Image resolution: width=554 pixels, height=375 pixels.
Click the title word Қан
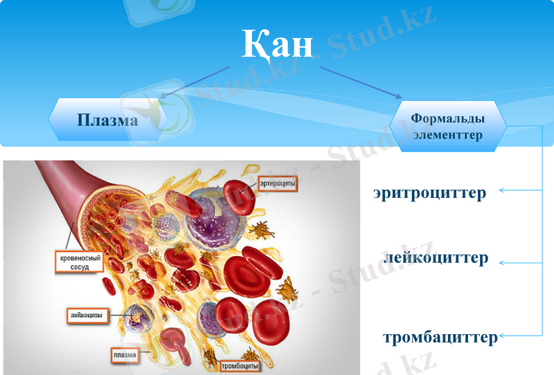[277, 44]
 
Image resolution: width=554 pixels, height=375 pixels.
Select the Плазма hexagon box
[107, 120]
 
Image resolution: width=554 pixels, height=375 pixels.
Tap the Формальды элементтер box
[447, 127]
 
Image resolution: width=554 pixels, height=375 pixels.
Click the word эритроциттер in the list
[429, 192]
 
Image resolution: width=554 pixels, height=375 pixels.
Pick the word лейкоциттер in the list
[436, 258]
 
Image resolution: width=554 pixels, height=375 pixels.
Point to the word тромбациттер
[440, 338]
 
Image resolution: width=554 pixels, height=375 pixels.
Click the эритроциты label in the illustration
[278, 183]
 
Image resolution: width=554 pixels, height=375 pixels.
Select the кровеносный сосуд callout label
[78, 262]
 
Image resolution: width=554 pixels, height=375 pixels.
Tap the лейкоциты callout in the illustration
[87, 315]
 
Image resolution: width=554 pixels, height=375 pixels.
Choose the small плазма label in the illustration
[125, 356]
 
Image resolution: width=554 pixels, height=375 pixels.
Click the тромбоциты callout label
[240, 365]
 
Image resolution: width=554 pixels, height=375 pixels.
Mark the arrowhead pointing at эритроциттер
[502, 190]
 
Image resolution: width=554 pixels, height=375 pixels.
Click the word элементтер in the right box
[447, 135]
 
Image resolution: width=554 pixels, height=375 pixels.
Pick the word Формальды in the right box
[447, 118]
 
